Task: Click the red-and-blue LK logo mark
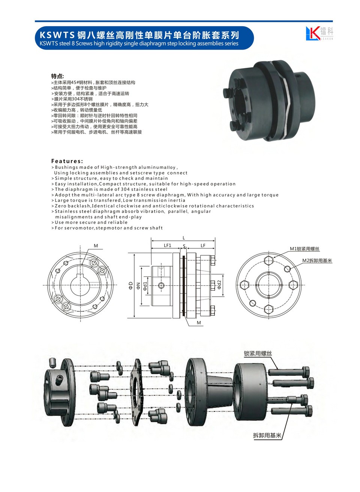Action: pos(312,33)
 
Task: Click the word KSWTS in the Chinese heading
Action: pos(57,35)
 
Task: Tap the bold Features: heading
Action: pos(67,161)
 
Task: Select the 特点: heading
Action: pos(57,76)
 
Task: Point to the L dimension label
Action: pos(184,238)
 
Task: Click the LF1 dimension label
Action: pos(167,245)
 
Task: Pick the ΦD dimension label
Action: pos(131,285)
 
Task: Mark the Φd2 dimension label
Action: pos(219,285)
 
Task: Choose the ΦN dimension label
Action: pos(138,285)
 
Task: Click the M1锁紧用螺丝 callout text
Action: pos(304,249)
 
